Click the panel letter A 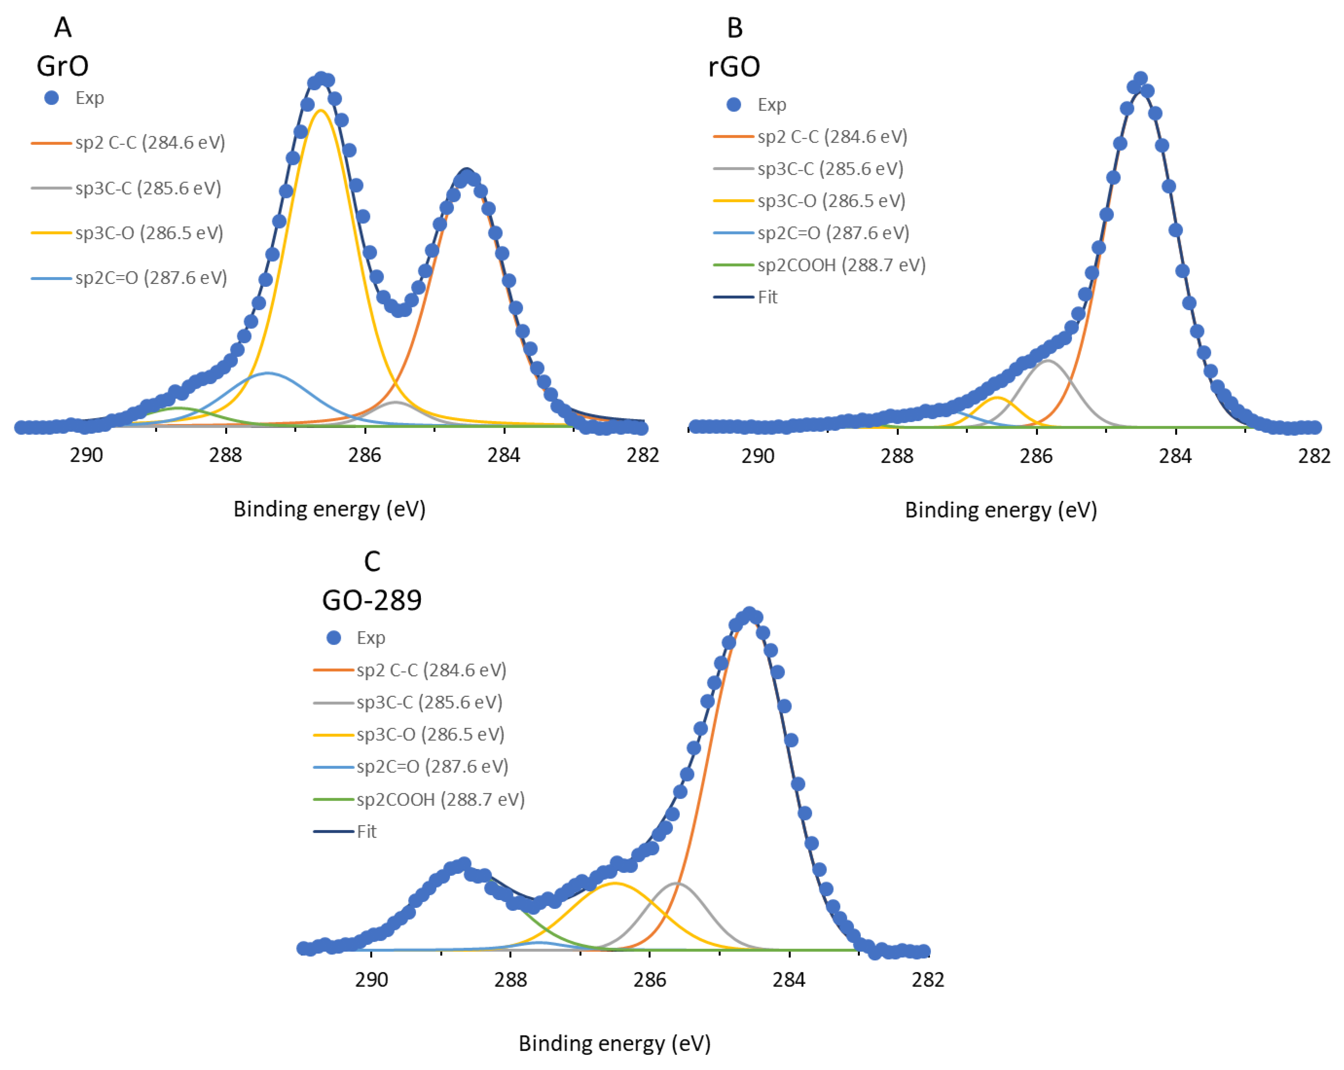63,27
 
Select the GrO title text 62,66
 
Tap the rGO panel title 734,67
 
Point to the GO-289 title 371,600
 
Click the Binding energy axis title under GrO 329,509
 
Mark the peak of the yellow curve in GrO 321,110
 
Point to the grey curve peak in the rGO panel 1048,360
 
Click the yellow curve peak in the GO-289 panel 615,883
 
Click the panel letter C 372,562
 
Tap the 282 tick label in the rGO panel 1314,456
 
